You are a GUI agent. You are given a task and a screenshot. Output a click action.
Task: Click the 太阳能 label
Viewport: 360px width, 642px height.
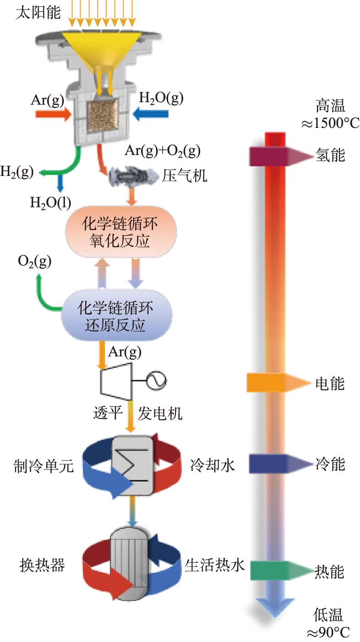coord(38,12)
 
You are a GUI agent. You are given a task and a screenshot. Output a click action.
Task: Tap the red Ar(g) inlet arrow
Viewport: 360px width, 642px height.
coord(53,113)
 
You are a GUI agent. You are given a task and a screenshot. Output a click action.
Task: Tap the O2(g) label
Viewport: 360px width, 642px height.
coord(35,262)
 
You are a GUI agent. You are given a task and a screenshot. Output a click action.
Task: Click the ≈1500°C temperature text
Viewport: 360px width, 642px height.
coord(329,123)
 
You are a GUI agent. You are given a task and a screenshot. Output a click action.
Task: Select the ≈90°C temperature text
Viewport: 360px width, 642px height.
coord(329,632)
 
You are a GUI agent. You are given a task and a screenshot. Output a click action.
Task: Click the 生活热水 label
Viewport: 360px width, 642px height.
coord(215,565)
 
